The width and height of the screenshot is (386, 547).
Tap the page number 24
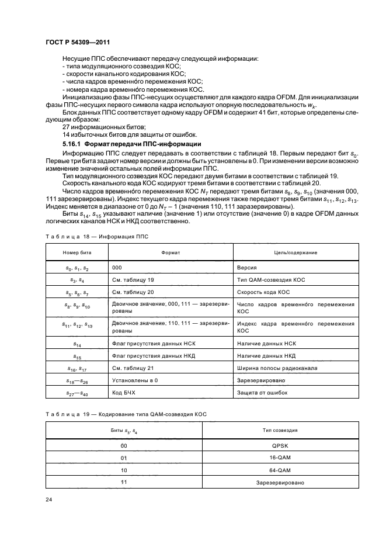tap(49, 500)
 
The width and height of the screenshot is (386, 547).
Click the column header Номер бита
tap(76, 252)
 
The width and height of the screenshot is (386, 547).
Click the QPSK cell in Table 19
tap(280, 445)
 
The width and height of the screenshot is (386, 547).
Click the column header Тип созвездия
tap(280, 430)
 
